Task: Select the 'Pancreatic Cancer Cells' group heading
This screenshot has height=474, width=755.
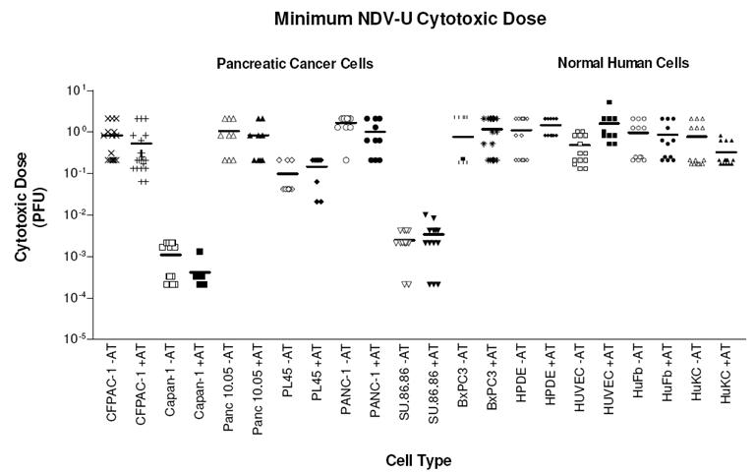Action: tap(295, 64)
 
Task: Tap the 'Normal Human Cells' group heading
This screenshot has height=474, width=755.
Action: tap(623, 64)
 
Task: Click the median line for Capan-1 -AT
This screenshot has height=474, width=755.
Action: tap(170, 255)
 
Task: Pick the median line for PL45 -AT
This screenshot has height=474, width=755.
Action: tap(286, 174)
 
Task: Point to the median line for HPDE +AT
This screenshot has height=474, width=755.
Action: tap(550, 125)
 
